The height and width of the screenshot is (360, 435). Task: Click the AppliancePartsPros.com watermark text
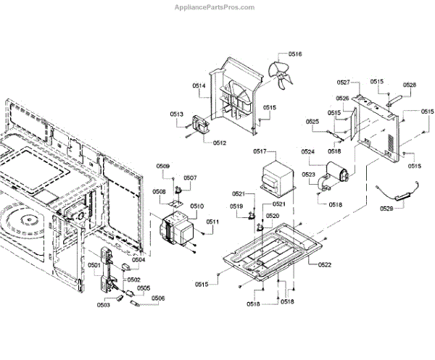(x=215, y=7)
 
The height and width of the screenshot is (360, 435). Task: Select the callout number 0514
(x=199, y=86)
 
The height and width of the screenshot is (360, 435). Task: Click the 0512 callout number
(x=220, y=143)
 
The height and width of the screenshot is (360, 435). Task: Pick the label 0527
(x=344, y=83)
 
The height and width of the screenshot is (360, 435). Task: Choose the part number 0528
(x=410, y=85)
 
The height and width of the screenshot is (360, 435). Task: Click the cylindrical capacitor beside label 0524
(x=337, y=175)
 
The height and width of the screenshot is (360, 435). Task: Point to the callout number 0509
(x=164, y=167)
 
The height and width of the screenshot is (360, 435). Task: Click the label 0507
(x=190, y=177)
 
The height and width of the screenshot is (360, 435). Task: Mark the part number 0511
(x=212, y=222)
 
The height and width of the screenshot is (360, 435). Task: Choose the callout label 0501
(x=94, y=265)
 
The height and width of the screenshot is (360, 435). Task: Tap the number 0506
(x=158, y=298)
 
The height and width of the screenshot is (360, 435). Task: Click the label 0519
(x=236, y=207)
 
